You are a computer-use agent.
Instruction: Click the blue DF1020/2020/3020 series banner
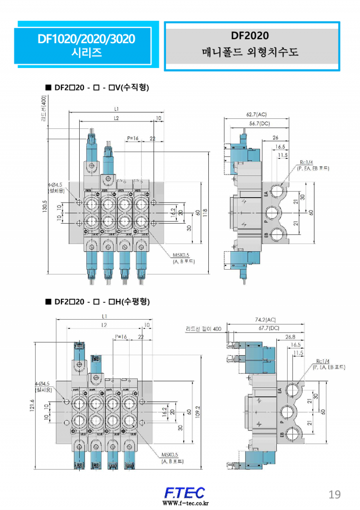86,45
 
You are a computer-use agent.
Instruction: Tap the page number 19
334,494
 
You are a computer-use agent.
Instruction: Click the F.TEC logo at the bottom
184,492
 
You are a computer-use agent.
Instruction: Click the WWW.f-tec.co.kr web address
184,503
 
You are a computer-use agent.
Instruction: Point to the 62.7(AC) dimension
256,115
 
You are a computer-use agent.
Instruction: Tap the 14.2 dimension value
173,212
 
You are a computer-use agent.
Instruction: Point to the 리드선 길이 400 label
203,329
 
